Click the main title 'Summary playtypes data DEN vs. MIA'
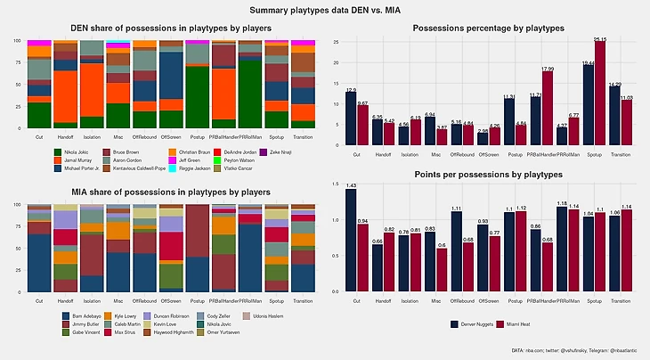coord(324,11)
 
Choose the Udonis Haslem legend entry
coord(289,315)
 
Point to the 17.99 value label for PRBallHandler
coord(547,69)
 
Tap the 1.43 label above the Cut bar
coord(351,185)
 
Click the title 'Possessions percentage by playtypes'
coord(485,29)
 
